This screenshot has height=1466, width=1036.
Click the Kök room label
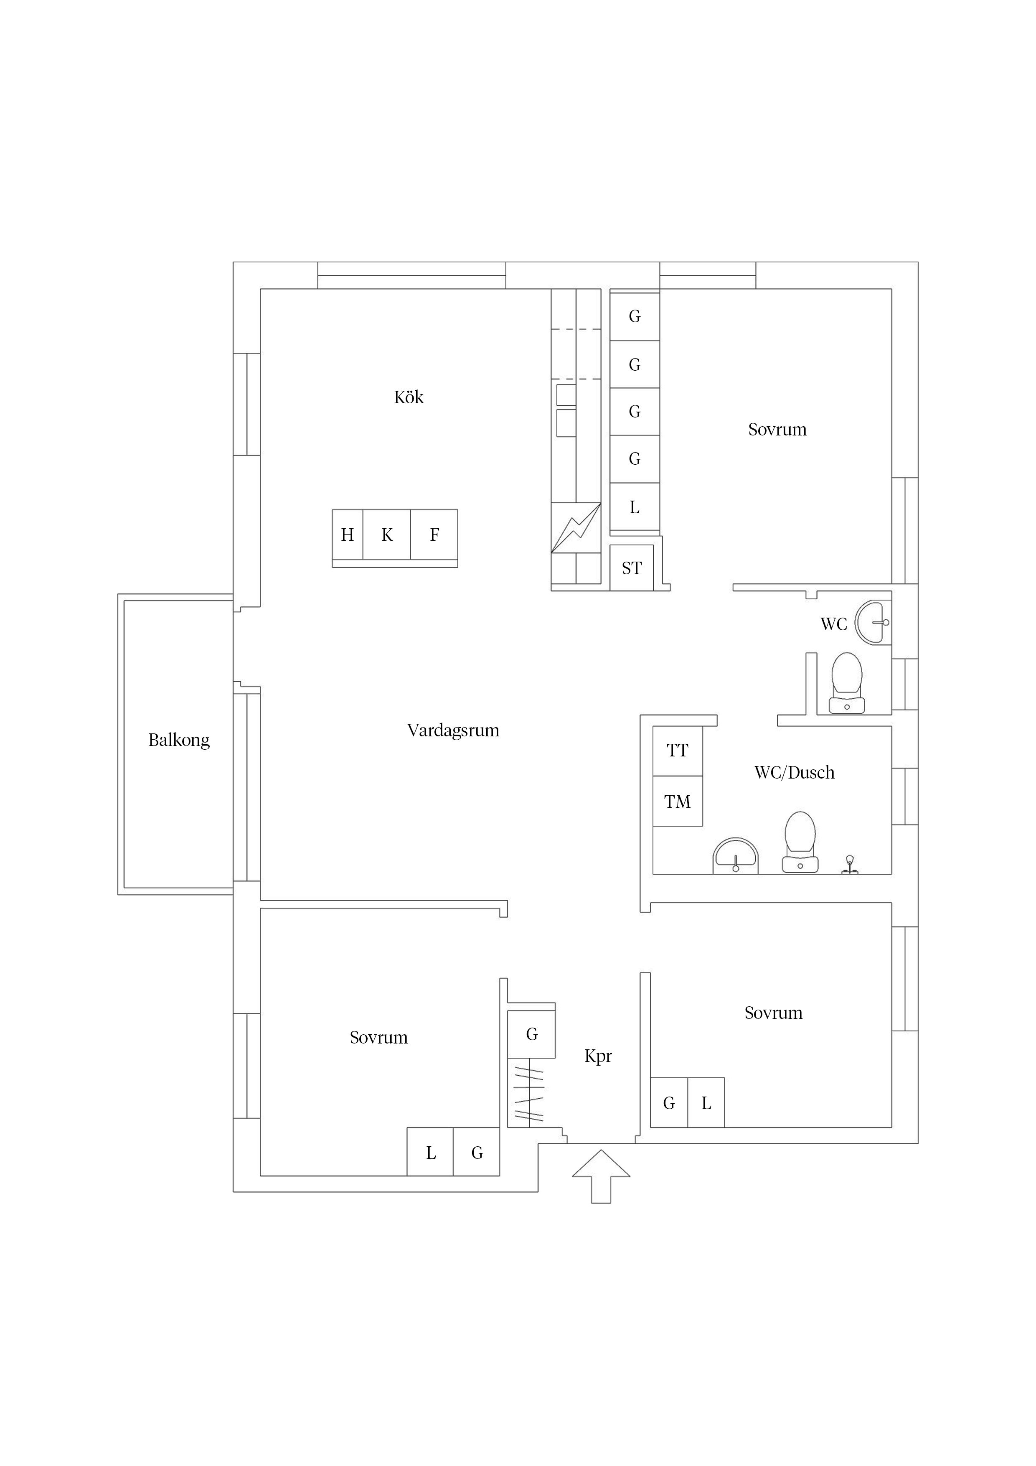(409, 397)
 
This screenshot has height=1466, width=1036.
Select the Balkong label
(179, 740)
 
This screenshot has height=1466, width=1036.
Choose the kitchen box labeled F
(434, 534)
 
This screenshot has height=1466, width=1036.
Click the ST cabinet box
(631, 568)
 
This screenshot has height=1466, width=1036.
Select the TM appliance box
(677, 801)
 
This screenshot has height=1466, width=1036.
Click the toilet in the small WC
(847, 683)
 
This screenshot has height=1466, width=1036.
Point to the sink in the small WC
(873, 622)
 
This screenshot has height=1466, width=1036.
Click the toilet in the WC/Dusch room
(800, 842)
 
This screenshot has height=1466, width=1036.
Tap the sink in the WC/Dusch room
(735, 855)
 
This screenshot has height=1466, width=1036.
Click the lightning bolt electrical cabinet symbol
(576, 527)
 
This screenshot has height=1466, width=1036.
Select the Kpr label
(598, 1056)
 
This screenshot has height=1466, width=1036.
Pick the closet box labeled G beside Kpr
(531, 1034)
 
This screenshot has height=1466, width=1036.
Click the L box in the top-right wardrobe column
(635, 507)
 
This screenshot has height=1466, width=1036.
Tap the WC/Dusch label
(794, 773)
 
